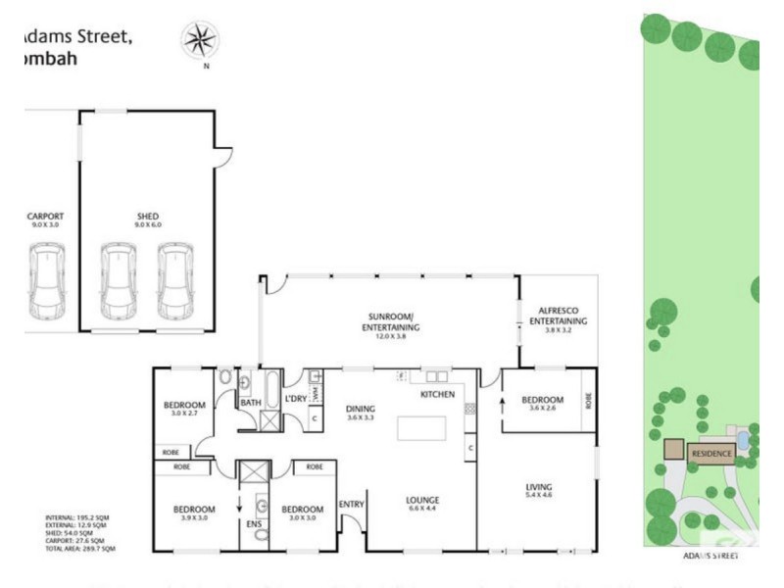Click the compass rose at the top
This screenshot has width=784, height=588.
200,40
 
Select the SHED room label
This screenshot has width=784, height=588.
148,217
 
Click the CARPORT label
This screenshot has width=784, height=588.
46,217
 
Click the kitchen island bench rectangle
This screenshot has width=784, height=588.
421,429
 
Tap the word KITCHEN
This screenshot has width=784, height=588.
438,394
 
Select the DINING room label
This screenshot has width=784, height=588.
362,412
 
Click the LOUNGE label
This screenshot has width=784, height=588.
423,500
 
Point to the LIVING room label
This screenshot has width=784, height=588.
538,487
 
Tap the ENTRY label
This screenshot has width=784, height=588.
351,505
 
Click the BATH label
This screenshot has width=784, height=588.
250,402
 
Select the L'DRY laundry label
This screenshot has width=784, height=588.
295,399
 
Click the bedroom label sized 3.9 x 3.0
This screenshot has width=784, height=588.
194,509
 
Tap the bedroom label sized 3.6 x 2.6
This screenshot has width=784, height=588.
542,400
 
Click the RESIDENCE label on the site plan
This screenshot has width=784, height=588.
711,454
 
